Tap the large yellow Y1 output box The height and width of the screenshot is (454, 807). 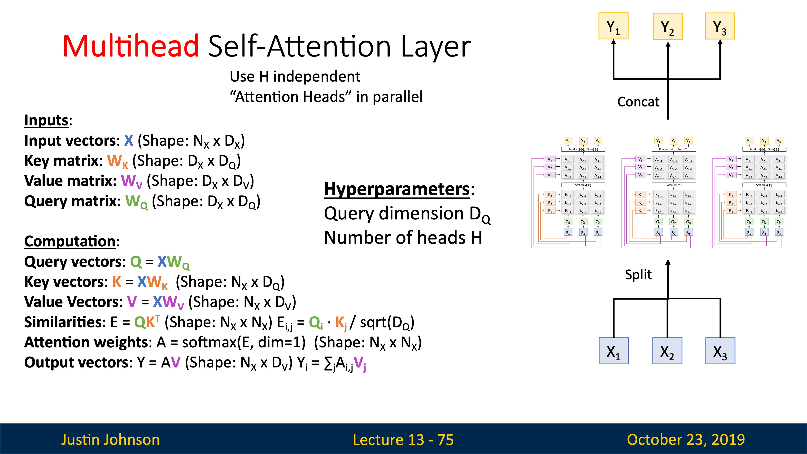(x=613, y=26)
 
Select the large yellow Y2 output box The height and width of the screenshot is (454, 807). (x=667, y=26)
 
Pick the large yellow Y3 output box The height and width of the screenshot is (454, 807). (x=720, y=26)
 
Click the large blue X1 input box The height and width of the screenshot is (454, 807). (x=613, y=351)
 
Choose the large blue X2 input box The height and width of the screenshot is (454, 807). (x=667, y=351)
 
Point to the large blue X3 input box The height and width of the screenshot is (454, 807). (x=720, y=351)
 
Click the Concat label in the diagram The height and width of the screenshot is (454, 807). (x=638, y=102)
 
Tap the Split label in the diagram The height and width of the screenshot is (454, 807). (x=638, y=275)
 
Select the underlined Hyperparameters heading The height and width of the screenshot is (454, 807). (x=397, y=189)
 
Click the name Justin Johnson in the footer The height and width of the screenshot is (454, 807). (x=110, y=440)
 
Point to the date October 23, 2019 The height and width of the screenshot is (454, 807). (x=686, y=440)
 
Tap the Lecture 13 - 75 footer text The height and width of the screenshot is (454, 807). (x=403, y=440)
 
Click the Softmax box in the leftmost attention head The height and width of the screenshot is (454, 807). (x=583, y=185)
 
